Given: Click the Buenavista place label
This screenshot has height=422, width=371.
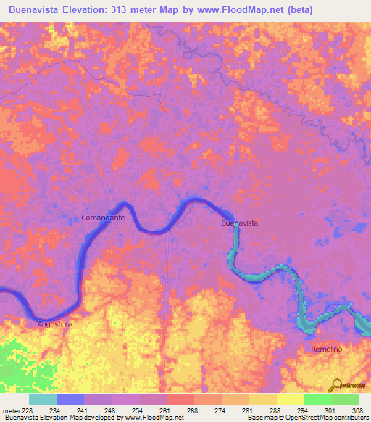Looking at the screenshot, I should click(239, 224).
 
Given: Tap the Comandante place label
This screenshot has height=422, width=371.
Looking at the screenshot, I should click(103, 218).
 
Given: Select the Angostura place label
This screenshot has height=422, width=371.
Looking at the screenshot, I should click(55, 324).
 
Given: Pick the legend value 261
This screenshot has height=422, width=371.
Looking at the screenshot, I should click(164, 410).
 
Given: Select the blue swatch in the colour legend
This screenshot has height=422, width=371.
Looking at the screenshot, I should click(70, 400).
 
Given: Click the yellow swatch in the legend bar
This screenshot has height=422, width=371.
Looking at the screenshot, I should click(290, 400).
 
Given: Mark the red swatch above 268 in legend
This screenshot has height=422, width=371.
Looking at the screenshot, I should click(180, 400).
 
